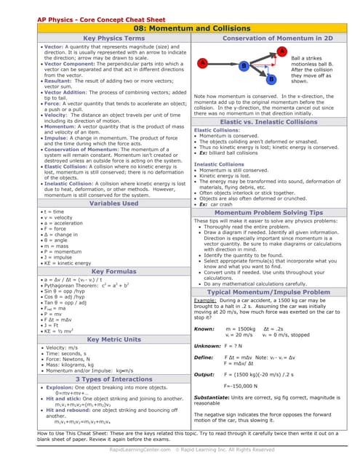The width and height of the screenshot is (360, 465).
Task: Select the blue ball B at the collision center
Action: tap(244, 66)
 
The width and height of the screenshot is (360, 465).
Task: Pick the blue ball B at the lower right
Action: tap(271, 78)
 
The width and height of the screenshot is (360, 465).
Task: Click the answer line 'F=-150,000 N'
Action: tap(245, 384)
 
